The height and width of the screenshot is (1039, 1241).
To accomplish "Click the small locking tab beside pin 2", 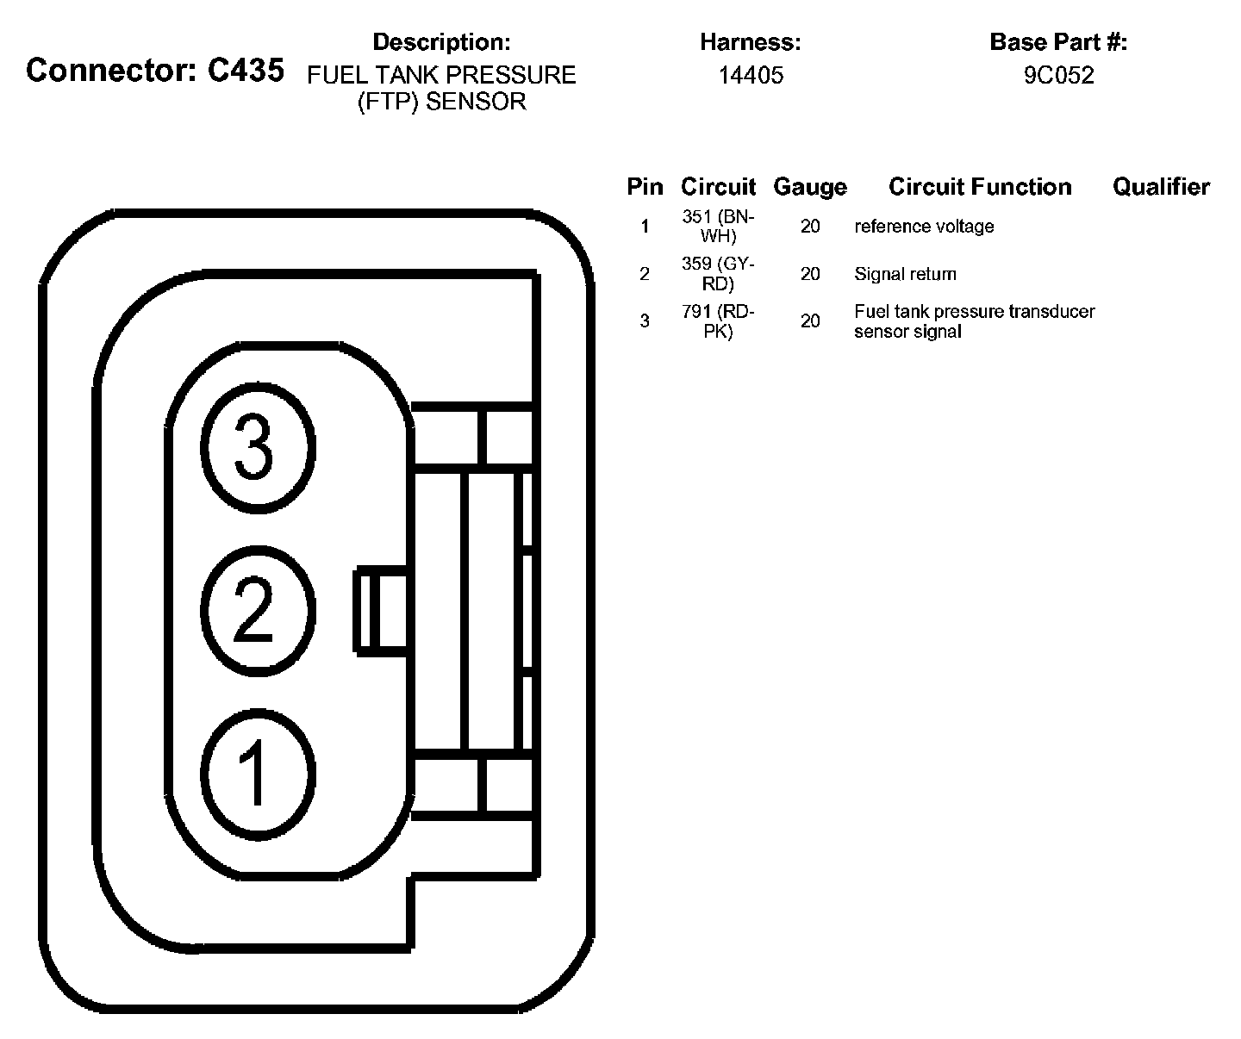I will pos(379,610).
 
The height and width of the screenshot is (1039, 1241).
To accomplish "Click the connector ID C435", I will pos(246,71).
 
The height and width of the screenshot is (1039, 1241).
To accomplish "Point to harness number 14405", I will pos(751,76).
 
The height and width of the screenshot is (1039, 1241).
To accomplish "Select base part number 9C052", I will pos(1058,76).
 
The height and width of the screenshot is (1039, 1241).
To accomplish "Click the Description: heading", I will pos(441,41).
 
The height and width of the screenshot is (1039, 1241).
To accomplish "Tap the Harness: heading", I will pos(750,41).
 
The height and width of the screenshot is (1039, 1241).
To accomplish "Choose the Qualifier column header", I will pos(1161,187).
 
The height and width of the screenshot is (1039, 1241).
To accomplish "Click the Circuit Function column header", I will pos(980,187).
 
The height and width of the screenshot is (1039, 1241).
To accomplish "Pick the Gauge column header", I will pos(809,187).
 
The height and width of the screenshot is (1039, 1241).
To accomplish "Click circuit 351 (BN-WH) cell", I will pos(718,227).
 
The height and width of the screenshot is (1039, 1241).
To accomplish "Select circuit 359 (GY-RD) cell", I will pos(718,274).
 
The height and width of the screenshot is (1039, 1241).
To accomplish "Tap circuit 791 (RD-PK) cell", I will pos(718,321).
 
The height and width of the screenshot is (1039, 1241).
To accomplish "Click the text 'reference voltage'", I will pos(924,227).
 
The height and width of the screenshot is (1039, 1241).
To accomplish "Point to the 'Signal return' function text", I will pos(905,274).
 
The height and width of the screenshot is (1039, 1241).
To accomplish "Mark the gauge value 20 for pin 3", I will pos(810,321).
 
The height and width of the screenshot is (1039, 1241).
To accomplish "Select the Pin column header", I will pos(645,187).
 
